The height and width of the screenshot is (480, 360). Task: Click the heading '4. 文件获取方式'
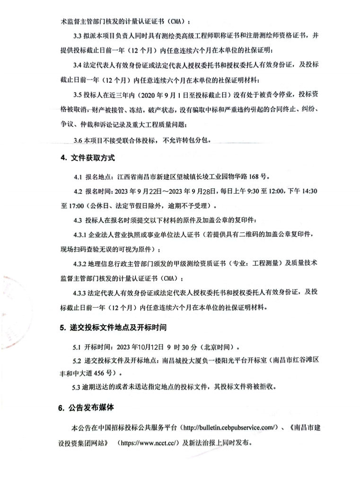pyautogui.click(x=87, y=158)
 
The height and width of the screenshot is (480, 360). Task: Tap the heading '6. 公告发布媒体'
pyautogui.click(x=87, y=407)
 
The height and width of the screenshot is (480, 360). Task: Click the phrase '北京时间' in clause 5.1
pyautogui.click(x=220, y=346)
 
